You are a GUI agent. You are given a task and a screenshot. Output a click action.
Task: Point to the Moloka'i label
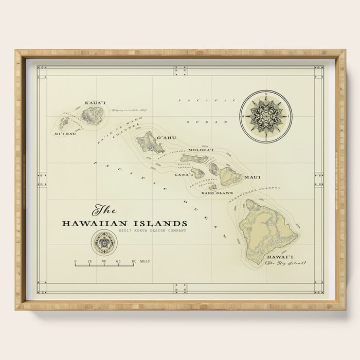[201, 150]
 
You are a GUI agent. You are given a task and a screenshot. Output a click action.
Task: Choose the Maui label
[252, 177]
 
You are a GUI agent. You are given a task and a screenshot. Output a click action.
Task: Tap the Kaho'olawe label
[213, 193]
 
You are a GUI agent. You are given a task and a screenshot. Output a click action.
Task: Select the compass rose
[266, 116]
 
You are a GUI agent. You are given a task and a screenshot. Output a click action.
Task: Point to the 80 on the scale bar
[133, 262]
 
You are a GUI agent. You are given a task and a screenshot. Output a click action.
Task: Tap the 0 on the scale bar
[75, 262]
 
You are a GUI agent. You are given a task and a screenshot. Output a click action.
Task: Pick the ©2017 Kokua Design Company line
[152, 231]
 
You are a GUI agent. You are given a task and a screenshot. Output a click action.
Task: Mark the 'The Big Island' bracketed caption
[285, 263]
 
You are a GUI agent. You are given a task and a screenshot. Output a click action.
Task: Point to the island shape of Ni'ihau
[65, 123]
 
